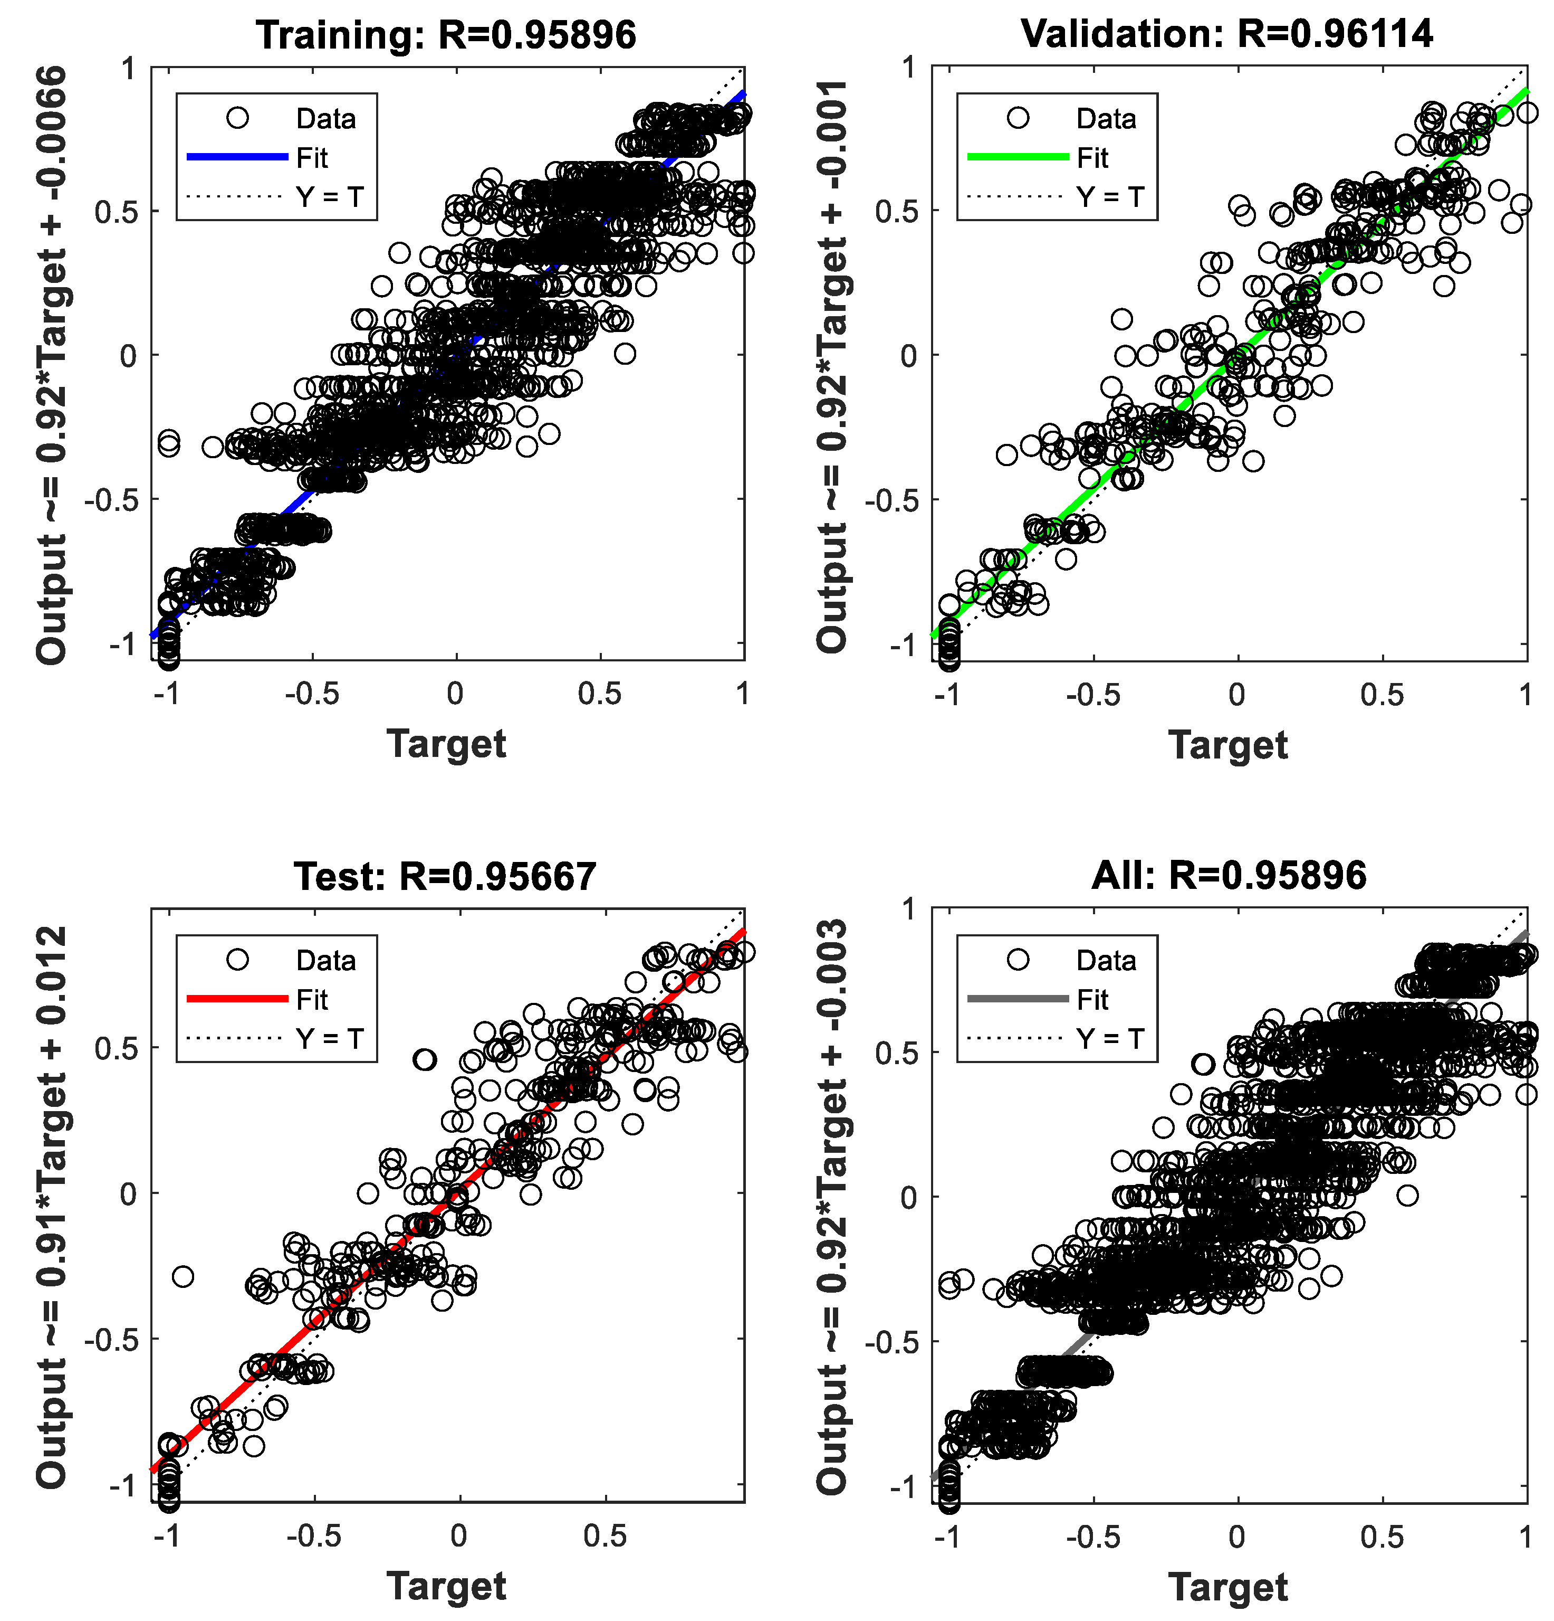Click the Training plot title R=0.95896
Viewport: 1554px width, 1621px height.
(446, 35)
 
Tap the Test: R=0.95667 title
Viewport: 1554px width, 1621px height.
(445, 876)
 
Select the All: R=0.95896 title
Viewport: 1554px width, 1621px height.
(1229, 875)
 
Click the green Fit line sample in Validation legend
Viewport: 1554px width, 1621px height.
(1018, 156)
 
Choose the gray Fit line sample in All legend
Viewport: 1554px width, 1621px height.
(1018, 998)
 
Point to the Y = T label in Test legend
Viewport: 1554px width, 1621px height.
(329, 1038)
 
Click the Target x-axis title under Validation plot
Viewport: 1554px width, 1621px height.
(1227, 744)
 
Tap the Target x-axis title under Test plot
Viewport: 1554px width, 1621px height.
(446, 1586)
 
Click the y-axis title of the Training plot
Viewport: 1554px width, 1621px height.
(51, 364)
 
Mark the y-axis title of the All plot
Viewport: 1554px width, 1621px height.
(832, 1206)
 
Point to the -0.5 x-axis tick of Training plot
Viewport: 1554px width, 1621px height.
(312, 693)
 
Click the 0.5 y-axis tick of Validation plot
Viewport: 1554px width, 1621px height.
(897, 212)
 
